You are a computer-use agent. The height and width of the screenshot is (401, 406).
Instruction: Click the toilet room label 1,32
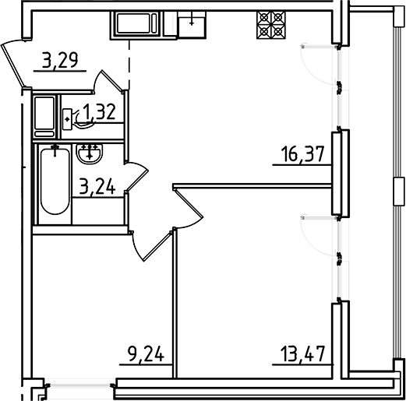(100, 113)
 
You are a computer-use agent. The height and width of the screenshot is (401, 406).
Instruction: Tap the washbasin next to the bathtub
(92, 153)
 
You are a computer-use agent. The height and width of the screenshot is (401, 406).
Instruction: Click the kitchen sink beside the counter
(191, 25)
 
